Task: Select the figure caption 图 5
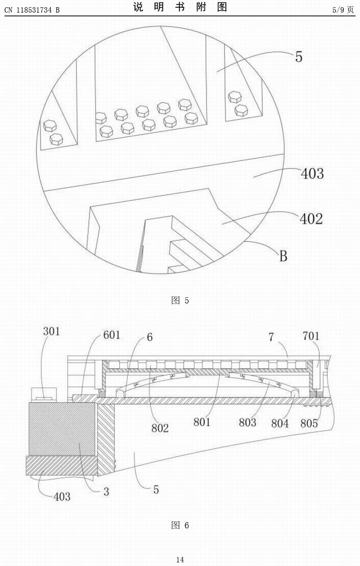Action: tap(180, 301)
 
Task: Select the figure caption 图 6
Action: tap(180, 525)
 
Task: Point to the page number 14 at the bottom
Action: tap(180, 560)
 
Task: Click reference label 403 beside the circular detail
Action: tap(312, 173)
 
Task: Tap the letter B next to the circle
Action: tap(283, 256)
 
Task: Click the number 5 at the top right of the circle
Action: tap(299, 57)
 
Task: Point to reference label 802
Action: tap(160, 428)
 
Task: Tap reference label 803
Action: tap(248, 422)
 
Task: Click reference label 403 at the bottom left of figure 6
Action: tap(62, 497)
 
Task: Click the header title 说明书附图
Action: tap(180, 8)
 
